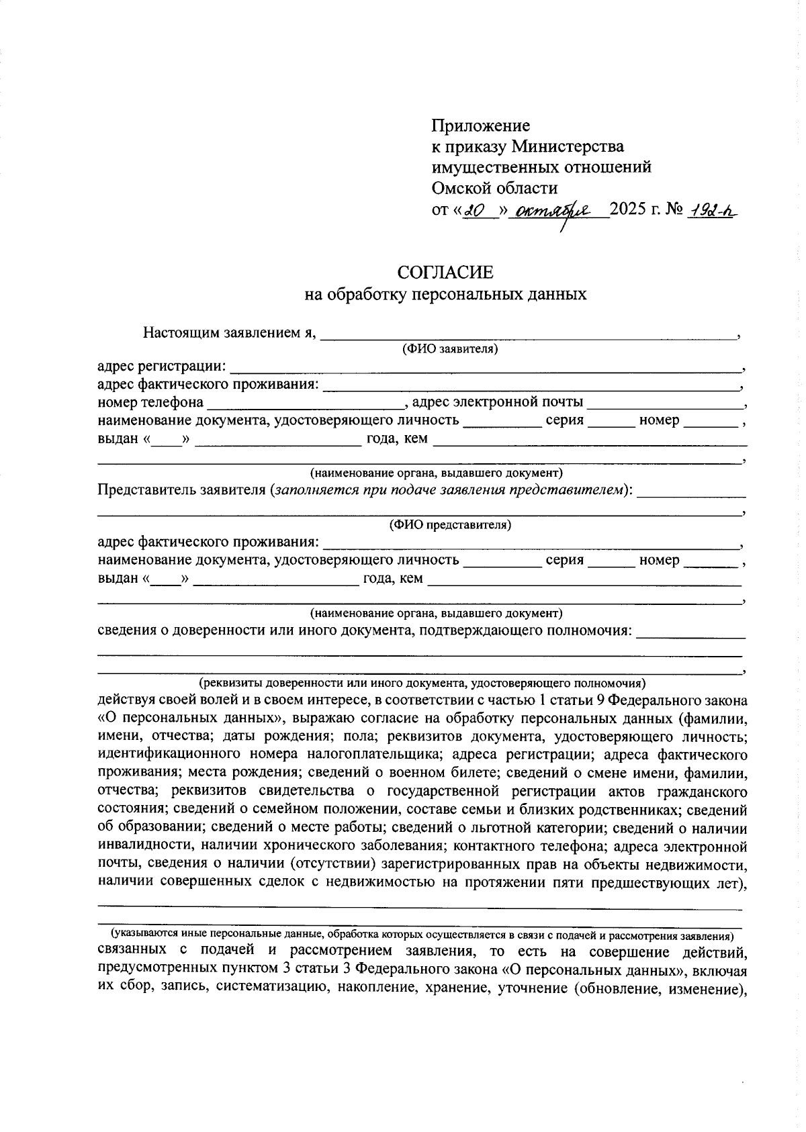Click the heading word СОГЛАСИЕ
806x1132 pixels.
[445, 272]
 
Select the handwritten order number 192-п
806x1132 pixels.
[711, 210]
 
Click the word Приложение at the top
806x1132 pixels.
[480, 126]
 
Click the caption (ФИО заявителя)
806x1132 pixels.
[449, 349]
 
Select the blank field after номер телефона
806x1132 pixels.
[305, 403]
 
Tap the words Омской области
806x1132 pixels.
[494, 188]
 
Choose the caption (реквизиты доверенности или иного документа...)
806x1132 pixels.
[422, 683]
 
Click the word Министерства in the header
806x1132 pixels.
[568, 146]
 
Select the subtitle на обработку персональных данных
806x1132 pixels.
[445, 295]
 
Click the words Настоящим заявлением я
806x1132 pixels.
[228, 332]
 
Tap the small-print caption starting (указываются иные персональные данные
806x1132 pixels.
[422, 935]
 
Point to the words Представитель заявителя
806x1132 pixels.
[182, 489]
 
